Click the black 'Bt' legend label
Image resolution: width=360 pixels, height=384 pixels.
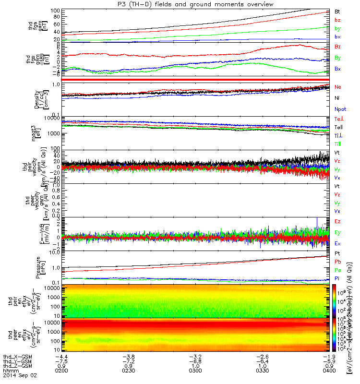coord(337,11)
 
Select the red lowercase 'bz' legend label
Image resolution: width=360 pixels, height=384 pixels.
coord(337,20)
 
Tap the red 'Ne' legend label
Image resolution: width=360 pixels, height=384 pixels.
coord(338,87)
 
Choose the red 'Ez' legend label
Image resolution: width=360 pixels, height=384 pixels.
coord(338,221)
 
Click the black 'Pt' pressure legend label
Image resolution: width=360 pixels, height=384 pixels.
coord(337,253)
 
